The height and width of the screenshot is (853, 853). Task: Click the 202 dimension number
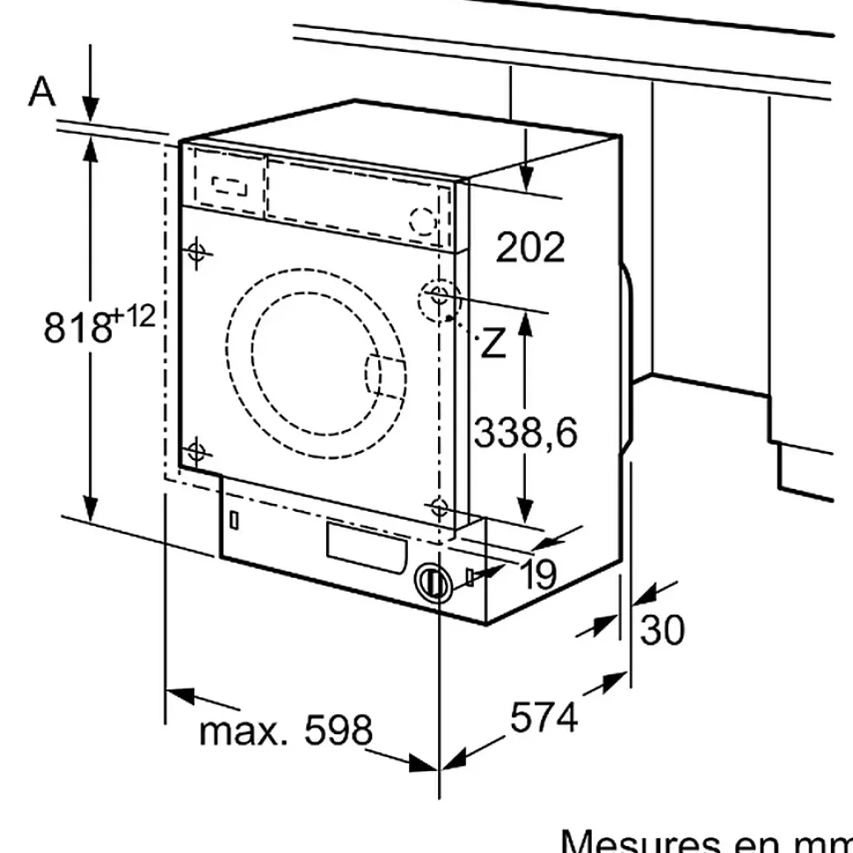[530, 248]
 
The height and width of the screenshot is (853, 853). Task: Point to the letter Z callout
[494, 344]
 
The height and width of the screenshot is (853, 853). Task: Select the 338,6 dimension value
[526, 432]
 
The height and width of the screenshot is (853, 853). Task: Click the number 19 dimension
[538, 575]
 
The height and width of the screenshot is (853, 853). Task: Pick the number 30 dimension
[662, 630]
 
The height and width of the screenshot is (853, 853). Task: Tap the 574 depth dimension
[544, 718]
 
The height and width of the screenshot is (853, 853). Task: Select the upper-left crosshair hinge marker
[198, 252]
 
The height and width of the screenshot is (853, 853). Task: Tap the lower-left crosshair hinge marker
[195, 453]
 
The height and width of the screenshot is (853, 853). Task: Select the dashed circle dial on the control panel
[423, 220]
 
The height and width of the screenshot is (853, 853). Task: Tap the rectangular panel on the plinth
[367, 543]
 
